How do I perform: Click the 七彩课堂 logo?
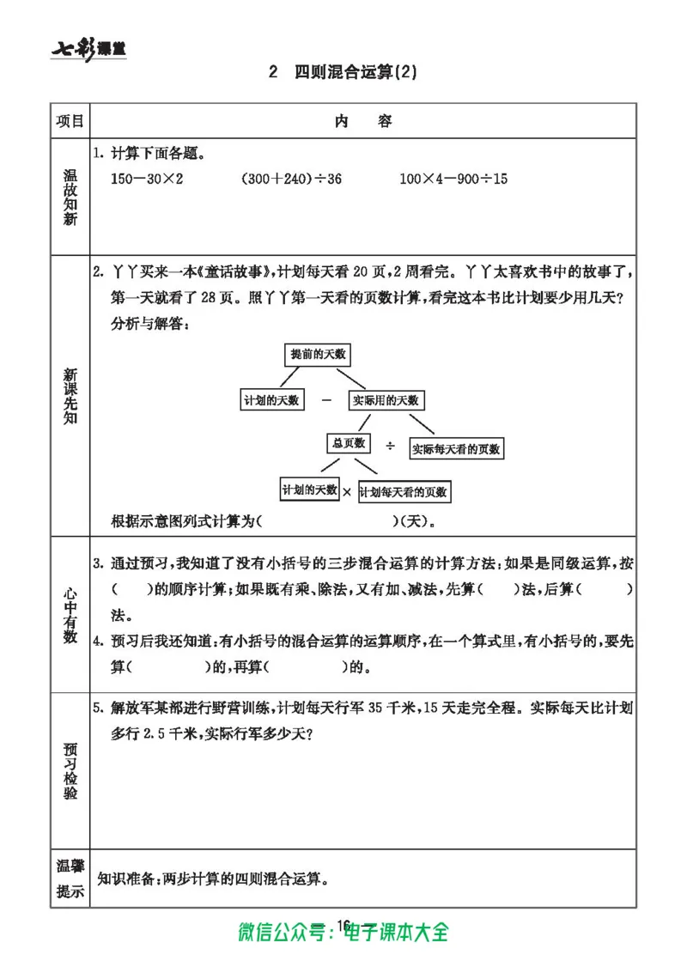click(88, 49)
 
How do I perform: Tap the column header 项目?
click(70, 121)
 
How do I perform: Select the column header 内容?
click(362, 121)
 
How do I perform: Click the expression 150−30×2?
click(149, 179)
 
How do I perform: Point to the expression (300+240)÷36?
click(291, 179)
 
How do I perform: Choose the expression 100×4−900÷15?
click(453, 179)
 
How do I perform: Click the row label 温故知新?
click(70, 197)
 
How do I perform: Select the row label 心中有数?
click(70, 614)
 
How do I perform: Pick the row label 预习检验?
click(70, 765)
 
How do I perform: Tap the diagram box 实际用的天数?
click(387, 400)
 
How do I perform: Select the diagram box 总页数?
click(348, 443)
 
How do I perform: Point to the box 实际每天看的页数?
click(455, 448)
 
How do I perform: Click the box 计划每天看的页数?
click(404, 492)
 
